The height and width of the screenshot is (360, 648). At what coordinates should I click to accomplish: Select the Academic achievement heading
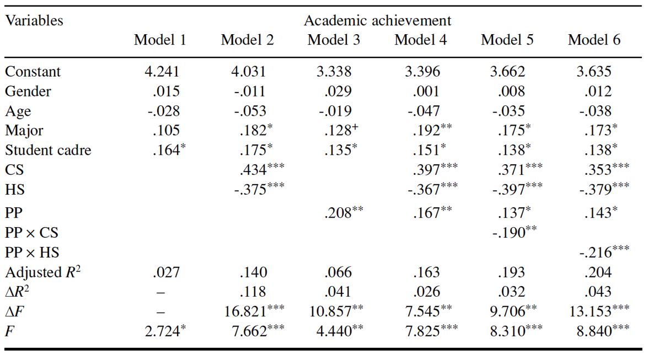(377, 21)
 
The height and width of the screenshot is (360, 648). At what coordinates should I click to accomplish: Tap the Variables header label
(34, 21)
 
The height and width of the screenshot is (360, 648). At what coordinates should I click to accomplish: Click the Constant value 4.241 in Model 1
(160, 72)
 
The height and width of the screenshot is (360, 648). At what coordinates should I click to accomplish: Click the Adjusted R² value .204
(595, 272)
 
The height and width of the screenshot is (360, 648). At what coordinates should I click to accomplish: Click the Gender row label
(28, 92)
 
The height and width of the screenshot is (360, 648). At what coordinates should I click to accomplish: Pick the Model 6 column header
(594, 40)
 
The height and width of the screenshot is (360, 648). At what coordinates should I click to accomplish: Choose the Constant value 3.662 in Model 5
(507, 72)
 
